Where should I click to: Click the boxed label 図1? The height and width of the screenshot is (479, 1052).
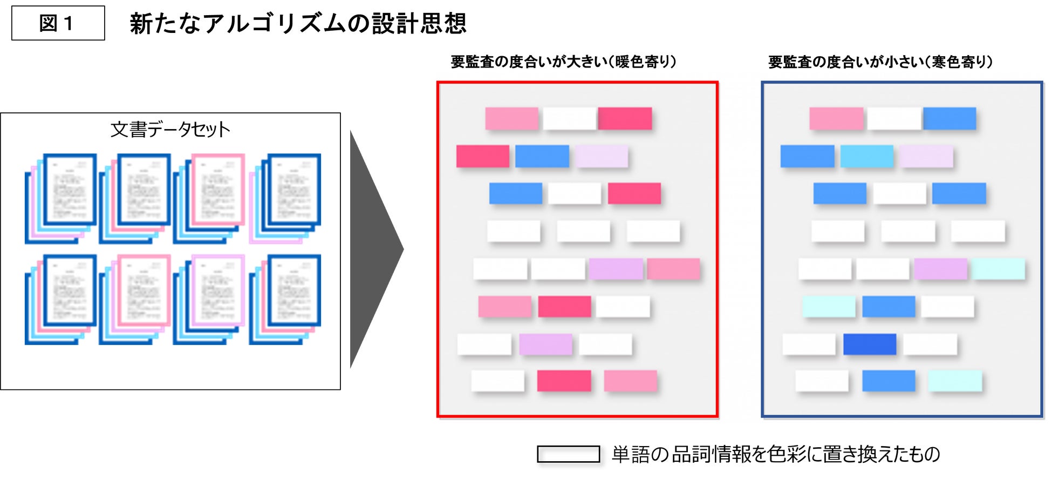(x=58, y=23)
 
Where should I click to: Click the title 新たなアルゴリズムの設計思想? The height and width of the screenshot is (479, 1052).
(x=298, y=23)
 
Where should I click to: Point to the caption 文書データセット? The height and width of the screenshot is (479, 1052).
(x=170, y=130)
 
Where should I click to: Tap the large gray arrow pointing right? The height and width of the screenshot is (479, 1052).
(x=375, y=249)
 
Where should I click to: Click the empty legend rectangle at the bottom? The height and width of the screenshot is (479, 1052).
(x=568, y=454)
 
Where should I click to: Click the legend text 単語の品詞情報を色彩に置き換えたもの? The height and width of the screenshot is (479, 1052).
(x=776, y=454)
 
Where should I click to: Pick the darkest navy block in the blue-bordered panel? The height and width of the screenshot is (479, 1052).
(x=869, y=344)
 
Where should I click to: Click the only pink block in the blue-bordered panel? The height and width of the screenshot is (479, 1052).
(x=836, y=118)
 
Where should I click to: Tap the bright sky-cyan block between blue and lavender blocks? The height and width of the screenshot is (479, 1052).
(x=866, y=156)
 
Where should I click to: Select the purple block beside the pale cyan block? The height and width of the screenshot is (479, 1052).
(x=940, y=269)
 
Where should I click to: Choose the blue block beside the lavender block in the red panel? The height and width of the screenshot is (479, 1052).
(x=542, y=156)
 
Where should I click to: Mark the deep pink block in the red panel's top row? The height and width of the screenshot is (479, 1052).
(x=625, y=118)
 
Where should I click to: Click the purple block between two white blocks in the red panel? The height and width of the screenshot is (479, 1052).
(x=545, y=344)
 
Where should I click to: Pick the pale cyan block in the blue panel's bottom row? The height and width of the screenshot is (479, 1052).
(x=954, y=381)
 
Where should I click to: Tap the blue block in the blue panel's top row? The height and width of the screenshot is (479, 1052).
(x=949, y=118)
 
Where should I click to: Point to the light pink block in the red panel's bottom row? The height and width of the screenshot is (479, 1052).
(x=630, y=381)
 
